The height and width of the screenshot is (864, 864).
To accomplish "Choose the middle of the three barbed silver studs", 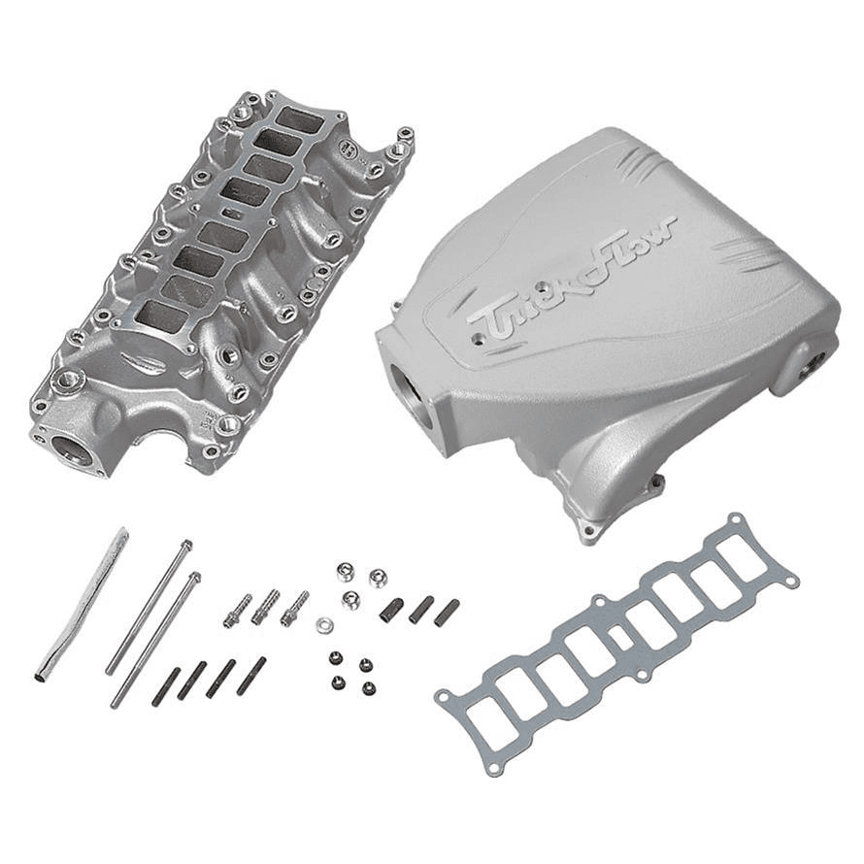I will click(x=266, y=608).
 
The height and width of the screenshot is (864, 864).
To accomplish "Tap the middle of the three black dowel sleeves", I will click(x=420, y=609).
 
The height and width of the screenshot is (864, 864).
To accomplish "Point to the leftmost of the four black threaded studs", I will click(x=166, y=686).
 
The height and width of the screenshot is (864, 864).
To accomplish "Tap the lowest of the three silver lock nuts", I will click(x=350, y=599).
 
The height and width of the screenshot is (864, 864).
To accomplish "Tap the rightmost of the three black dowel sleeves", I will click(x=447, y=613).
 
